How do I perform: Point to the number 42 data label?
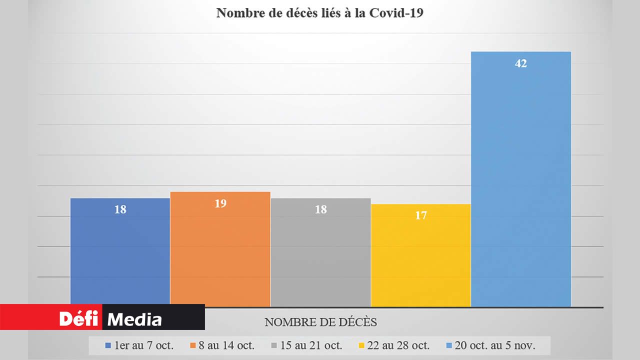tap(521, 64)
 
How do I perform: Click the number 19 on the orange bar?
tap(220, 203)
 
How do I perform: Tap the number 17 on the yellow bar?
tap(421, 215)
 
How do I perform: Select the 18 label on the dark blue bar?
tap(120, 209)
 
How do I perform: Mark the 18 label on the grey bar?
tap(321, 209)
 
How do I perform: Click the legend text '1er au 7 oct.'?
tap(144, 345)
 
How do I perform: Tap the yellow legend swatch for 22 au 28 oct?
tap(362, 345)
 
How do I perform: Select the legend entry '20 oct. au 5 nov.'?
tap(493, 345)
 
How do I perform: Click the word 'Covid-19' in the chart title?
tap(396, 13)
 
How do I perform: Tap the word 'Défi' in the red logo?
tap(79, 318)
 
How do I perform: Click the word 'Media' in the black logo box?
tap(135, 319)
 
